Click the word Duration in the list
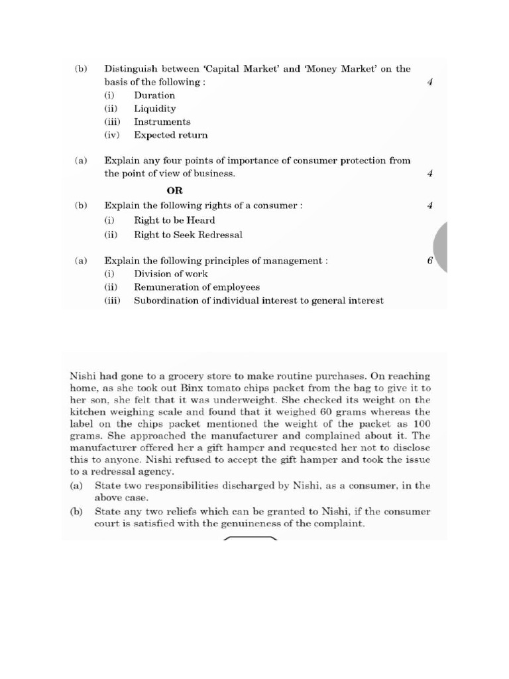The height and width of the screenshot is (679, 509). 154,95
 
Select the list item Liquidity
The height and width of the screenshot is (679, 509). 154,109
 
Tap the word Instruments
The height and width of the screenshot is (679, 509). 162,122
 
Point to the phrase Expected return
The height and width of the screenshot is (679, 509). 170,135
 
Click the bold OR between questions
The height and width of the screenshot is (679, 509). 174,190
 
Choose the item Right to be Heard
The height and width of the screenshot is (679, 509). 174,220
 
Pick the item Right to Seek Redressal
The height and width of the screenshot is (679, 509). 188,235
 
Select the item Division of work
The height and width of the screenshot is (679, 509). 170,274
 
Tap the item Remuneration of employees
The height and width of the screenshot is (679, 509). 196,287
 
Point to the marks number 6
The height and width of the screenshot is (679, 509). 429,261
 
